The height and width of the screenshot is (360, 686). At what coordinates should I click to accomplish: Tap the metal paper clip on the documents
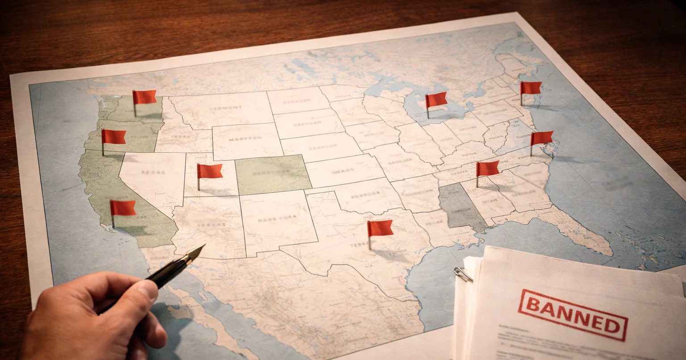click(x=463, y=274)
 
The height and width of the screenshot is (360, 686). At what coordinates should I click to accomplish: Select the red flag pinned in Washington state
click(x=144, y=97)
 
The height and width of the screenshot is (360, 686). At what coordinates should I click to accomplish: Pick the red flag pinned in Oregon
click(x=113, y=137)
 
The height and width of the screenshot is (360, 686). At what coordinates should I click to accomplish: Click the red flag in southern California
click(x=122, y=208)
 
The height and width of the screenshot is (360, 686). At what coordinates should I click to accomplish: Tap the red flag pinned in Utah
click(x=209, y=171)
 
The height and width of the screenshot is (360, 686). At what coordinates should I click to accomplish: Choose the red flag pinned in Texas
click(x=380, y=228)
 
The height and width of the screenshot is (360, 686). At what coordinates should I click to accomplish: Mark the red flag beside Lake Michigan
click(x=436, y=100)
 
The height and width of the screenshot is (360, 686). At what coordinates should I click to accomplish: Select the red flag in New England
click(x=531, y=88)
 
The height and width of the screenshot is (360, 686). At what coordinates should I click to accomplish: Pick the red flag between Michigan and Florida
click(x=487, y=168)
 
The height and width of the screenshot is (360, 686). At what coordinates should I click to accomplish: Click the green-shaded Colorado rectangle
click(x=273, y=174)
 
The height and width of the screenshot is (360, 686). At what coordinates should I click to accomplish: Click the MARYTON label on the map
click(x=245, y=139)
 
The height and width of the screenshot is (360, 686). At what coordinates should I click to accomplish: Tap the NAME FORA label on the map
click(x=271, y=219)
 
